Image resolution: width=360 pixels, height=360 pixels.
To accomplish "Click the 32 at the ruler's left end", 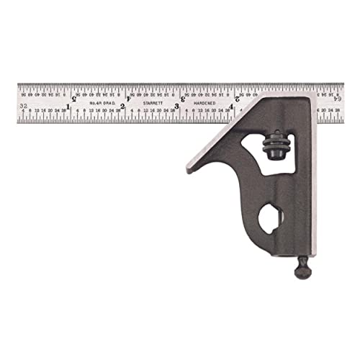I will click(x=24, y=106).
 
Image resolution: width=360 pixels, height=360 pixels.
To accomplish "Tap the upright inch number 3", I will click(x=177, y=108).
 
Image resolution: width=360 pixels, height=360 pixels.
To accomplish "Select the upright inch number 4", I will click(x=232, y=108).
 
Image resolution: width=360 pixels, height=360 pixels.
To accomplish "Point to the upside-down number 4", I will click(x=129, y=99).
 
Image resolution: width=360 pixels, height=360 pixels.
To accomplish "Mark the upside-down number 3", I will click(x=183, y=99).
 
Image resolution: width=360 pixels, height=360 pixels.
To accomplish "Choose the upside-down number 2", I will click(x=238, y=99).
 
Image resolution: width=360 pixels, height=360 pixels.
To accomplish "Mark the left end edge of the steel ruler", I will click(x=17, y=104).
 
